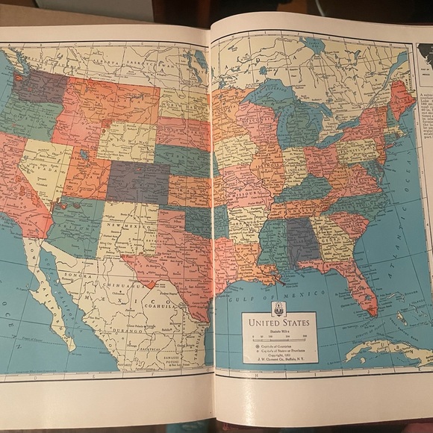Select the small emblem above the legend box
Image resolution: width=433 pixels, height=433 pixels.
(278, 308)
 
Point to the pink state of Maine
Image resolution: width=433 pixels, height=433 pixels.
(402, 97)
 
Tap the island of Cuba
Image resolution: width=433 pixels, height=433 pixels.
(381, 349)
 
